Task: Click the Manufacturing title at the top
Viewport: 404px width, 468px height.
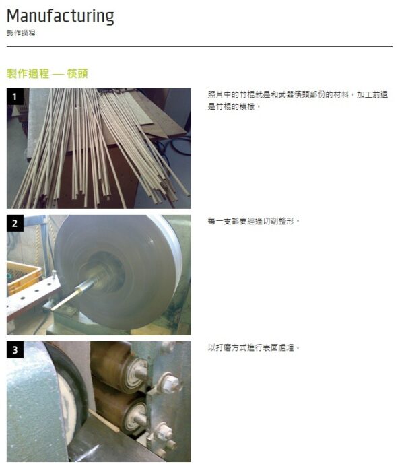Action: pyautogui.click(x=61, y=16)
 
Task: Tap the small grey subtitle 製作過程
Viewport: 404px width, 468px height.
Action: pyautogui.click(x=21, y=33)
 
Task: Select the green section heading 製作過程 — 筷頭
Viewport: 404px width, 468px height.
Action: pyautogui.click(x=47, y=73)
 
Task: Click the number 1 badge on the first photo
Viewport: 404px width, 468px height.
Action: pyautogui.click(x=15, y=96)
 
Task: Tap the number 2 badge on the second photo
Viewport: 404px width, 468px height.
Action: pyautogui.click(x=15, y=223)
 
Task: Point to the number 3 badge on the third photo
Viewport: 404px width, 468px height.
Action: pyautogui.click(x=15, y=349)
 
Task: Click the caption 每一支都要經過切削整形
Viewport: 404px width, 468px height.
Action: pyautogui.click(x=254, y=221)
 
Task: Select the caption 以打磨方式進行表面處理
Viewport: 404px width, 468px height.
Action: pyautogui.click(x=254, y=347)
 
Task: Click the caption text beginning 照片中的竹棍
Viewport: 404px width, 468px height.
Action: pyautogui.click(x=298, y=100)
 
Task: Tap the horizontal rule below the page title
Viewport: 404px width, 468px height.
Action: pyautogui.click(x=199, y=47)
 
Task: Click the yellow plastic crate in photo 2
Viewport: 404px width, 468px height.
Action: pyautogui.click(x=23, y=277)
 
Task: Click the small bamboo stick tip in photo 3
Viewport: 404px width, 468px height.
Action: pyautogui.click(x=104, y=421)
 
